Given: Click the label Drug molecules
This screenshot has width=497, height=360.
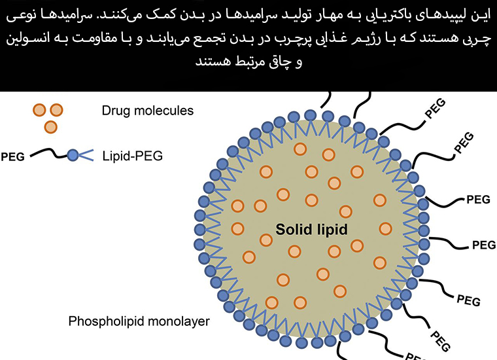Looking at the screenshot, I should [x=148, y=111].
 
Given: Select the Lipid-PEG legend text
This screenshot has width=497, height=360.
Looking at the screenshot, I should [x=133, y=156].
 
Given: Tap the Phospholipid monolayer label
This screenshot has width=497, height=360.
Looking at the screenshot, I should [x=139, y=321].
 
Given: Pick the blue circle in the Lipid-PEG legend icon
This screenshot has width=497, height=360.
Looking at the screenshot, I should [x=73, y=155].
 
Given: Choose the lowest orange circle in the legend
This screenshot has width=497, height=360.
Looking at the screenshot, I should [x=50, y=125].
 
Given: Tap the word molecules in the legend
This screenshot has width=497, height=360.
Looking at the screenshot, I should [x=169, y=111].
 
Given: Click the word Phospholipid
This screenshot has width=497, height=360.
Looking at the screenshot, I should [x=105, y=321].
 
